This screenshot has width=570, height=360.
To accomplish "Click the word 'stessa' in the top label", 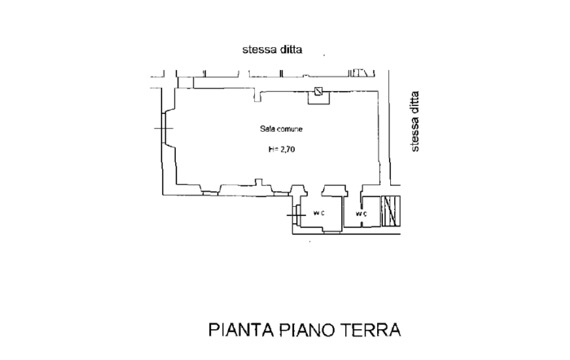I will (259, 50).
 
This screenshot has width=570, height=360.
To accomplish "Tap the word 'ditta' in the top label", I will (291, 50).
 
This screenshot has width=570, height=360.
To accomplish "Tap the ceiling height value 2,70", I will (284, 149).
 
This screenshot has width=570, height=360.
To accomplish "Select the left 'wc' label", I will (320, 213).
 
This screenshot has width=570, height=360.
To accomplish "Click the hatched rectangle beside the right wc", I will (392, 211).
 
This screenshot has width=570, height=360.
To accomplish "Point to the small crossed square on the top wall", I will (318, 91).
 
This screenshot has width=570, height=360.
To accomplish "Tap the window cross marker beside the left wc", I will (296, 214).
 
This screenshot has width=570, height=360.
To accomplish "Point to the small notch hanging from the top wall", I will (256, 98).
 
